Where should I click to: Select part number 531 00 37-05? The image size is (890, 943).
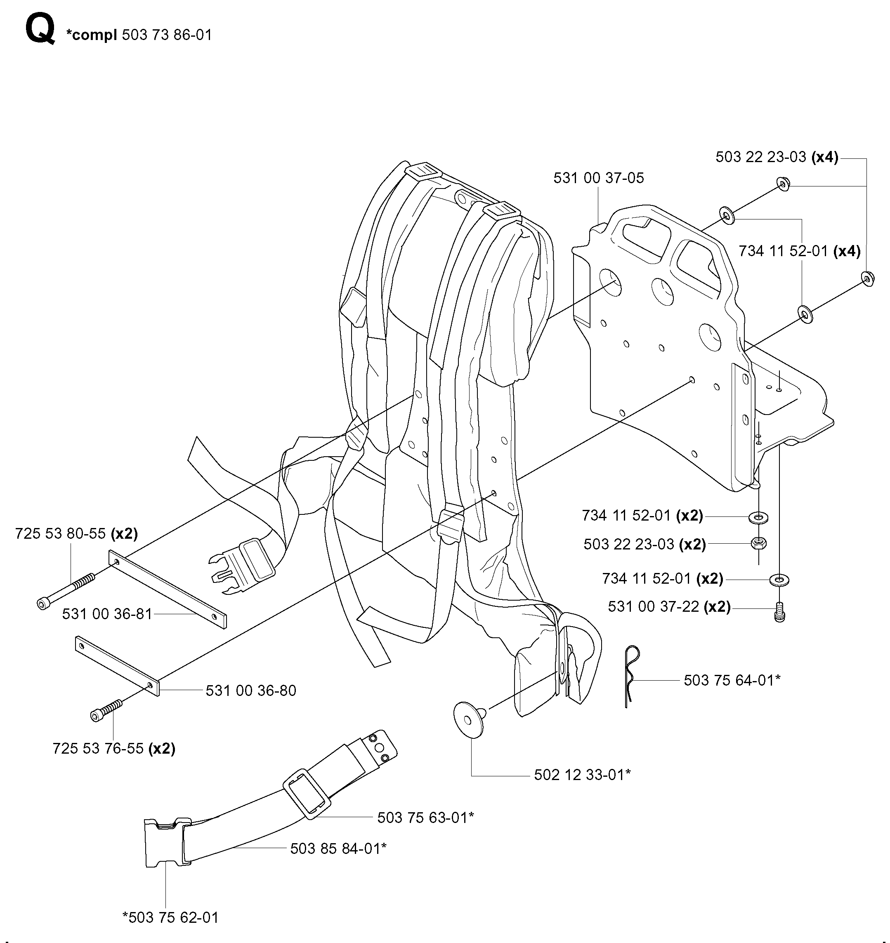pos(599,178)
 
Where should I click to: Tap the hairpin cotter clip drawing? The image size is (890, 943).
pos(630,677)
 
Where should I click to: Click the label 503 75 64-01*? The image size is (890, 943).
pos(732,680)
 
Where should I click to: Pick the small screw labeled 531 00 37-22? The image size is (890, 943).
pos(780,612)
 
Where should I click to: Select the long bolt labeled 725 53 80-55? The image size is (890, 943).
pos(66,590)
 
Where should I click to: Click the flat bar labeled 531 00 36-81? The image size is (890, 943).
pos(168,589)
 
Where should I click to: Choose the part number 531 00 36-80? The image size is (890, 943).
pos(251,690)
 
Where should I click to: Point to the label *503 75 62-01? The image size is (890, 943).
pos(170,917)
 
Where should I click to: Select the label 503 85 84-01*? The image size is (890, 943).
pos(338,848)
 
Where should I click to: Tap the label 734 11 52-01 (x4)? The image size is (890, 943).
pos(799,250)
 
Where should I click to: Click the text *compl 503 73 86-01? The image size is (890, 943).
pos(139,35)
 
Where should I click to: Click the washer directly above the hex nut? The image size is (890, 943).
pos(759,516)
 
